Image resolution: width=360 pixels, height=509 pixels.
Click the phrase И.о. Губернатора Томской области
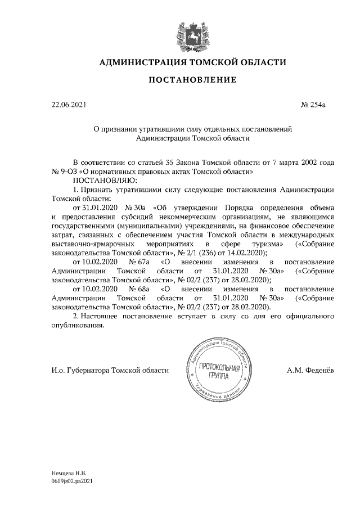coord(110,371)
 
